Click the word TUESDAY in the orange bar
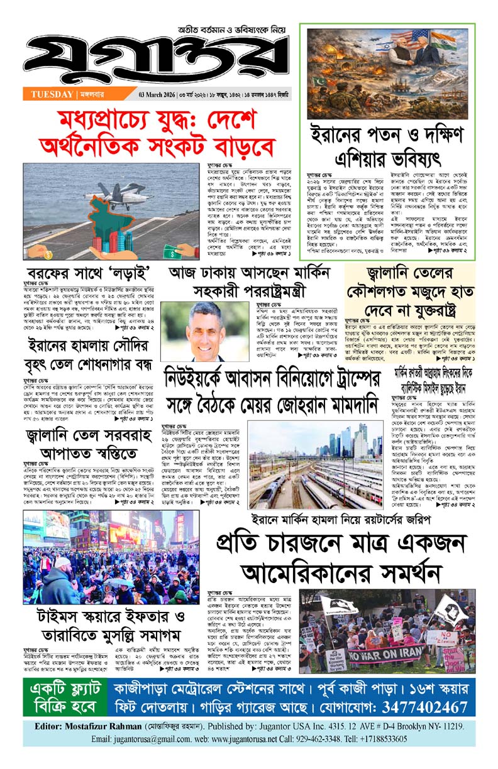[51, 95]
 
